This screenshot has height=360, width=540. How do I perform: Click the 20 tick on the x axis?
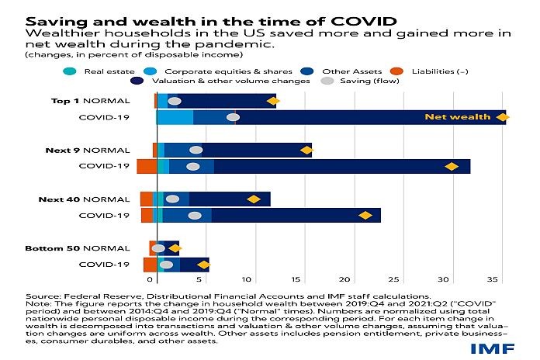tap(347, 277)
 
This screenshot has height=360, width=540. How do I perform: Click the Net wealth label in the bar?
tap(458, 117)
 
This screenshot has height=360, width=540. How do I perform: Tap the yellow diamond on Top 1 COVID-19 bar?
tap(502, 117)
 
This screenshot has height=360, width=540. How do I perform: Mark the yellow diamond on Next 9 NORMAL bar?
tap(303, 149)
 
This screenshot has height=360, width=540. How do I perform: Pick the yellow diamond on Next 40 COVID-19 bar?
tap(365, 215)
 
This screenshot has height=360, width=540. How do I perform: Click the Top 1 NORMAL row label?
tap(96, 101)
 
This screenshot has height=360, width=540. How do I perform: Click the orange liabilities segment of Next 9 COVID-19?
tap(147, 166)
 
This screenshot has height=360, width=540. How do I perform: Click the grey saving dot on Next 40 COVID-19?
tap(195, 215)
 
